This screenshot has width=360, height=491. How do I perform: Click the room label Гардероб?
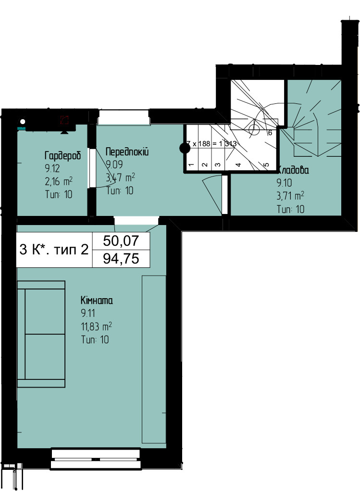tap(62, 156)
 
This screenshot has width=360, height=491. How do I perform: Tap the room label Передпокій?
tap(127, 152)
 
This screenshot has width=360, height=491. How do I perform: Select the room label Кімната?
tap(97, 301)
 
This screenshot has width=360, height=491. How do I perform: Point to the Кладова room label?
tap(293, 170)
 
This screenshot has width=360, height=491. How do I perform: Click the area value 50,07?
tap(121, 240)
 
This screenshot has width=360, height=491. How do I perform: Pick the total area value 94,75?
tap(121, 259)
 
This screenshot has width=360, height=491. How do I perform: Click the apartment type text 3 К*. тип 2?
tap(54, 250)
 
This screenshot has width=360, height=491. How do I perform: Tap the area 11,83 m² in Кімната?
tap(96, 327)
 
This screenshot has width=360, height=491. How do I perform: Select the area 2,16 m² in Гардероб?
tap(58, 182)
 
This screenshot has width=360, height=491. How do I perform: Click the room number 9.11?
tap(88, 314)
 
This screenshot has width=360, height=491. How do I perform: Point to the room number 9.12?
tap(50, 169)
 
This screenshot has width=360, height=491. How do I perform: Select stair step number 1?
tap(191, 165)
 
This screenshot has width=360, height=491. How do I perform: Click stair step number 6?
tap(270, 133)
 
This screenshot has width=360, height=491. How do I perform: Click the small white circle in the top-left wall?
tap(22, 122)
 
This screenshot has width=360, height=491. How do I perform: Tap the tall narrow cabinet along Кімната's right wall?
tap(154, 360)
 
